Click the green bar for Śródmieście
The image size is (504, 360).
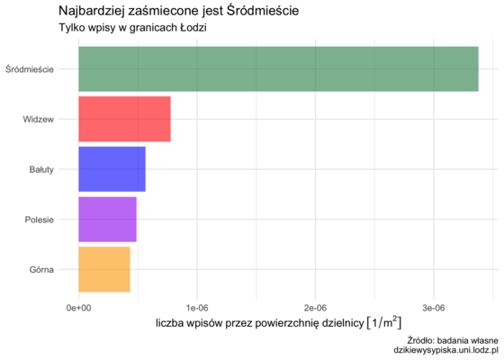[278, 68]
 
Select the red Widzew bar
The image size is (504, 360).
[124, 118]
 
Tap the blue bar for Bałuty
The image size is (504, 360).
[112, 168]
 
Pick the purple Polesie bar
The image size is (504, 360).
[107, 218]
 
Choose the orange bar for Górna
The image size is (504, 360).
[104, 268]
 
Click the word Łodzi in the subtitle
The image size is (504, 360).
[192, 29]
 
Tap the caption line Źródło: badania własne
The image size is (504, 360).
[453, 339]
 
